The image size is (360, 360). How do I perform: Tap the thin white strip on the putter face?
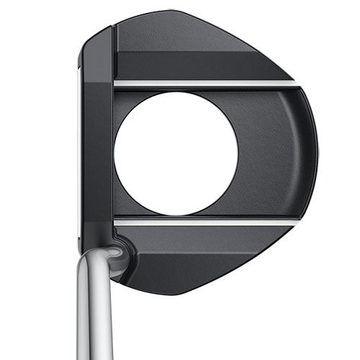pos(76,151)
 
